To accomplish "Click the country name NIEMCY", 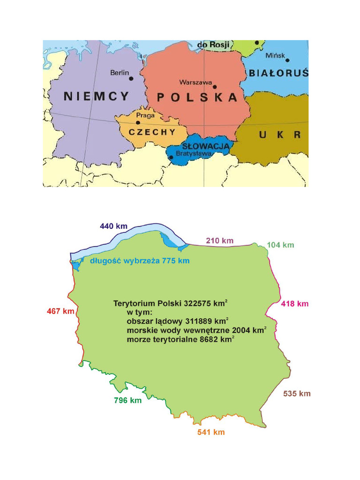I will pyautogui.click(x=96, y=97).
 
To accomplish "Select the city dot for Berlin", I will pyautogui.click(x=132, y=78).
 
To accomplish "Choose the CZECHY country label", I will pyautogui.click(x=152, y=132).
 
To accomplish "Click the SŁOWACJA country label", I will pyautogui.click(x=205, y=147).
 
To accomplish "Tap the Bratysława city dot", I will pyautogui.click(x=171, y=158).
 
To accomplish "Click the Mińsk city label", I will pyautogui.click(x=275, y=55).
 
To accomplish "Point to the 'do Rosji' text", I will pyautogui.click(x=213, y=45).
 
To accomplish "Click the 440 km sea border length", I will pyautogui.click(x=113, y=226).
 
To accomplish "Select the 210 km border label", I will pyautogui.click(x=219, y=241).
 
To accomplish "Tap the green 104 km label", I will pyautogui.click(x=280, y=245).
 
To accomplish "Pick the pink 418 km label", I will pyautogui.click(x=295, y=304).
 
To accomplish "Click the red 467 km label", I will pyautogui.click(x=61, y=311).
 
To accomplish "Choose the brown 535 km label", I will pyautogui.click(x=297, y=394).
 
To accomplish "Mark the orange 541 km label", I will pyautogui.click(x=211, y=432).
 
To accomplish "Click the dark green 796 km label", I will pyautogui.click(x=127, y=400).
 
